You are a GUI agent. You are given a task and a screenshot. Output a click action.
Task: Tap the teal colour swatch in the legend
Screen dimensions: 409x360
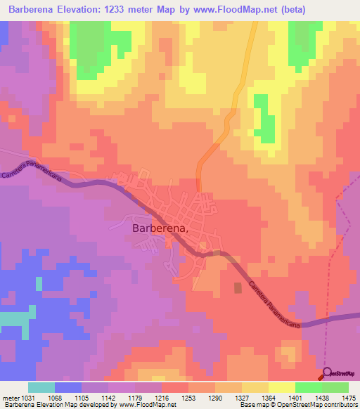pyautogui.click(x=41, y=387)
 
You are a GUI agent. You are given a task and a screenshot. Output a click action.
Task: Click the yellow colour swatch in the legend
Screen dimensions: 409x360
pyautogui.click(x=282, y=387)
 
